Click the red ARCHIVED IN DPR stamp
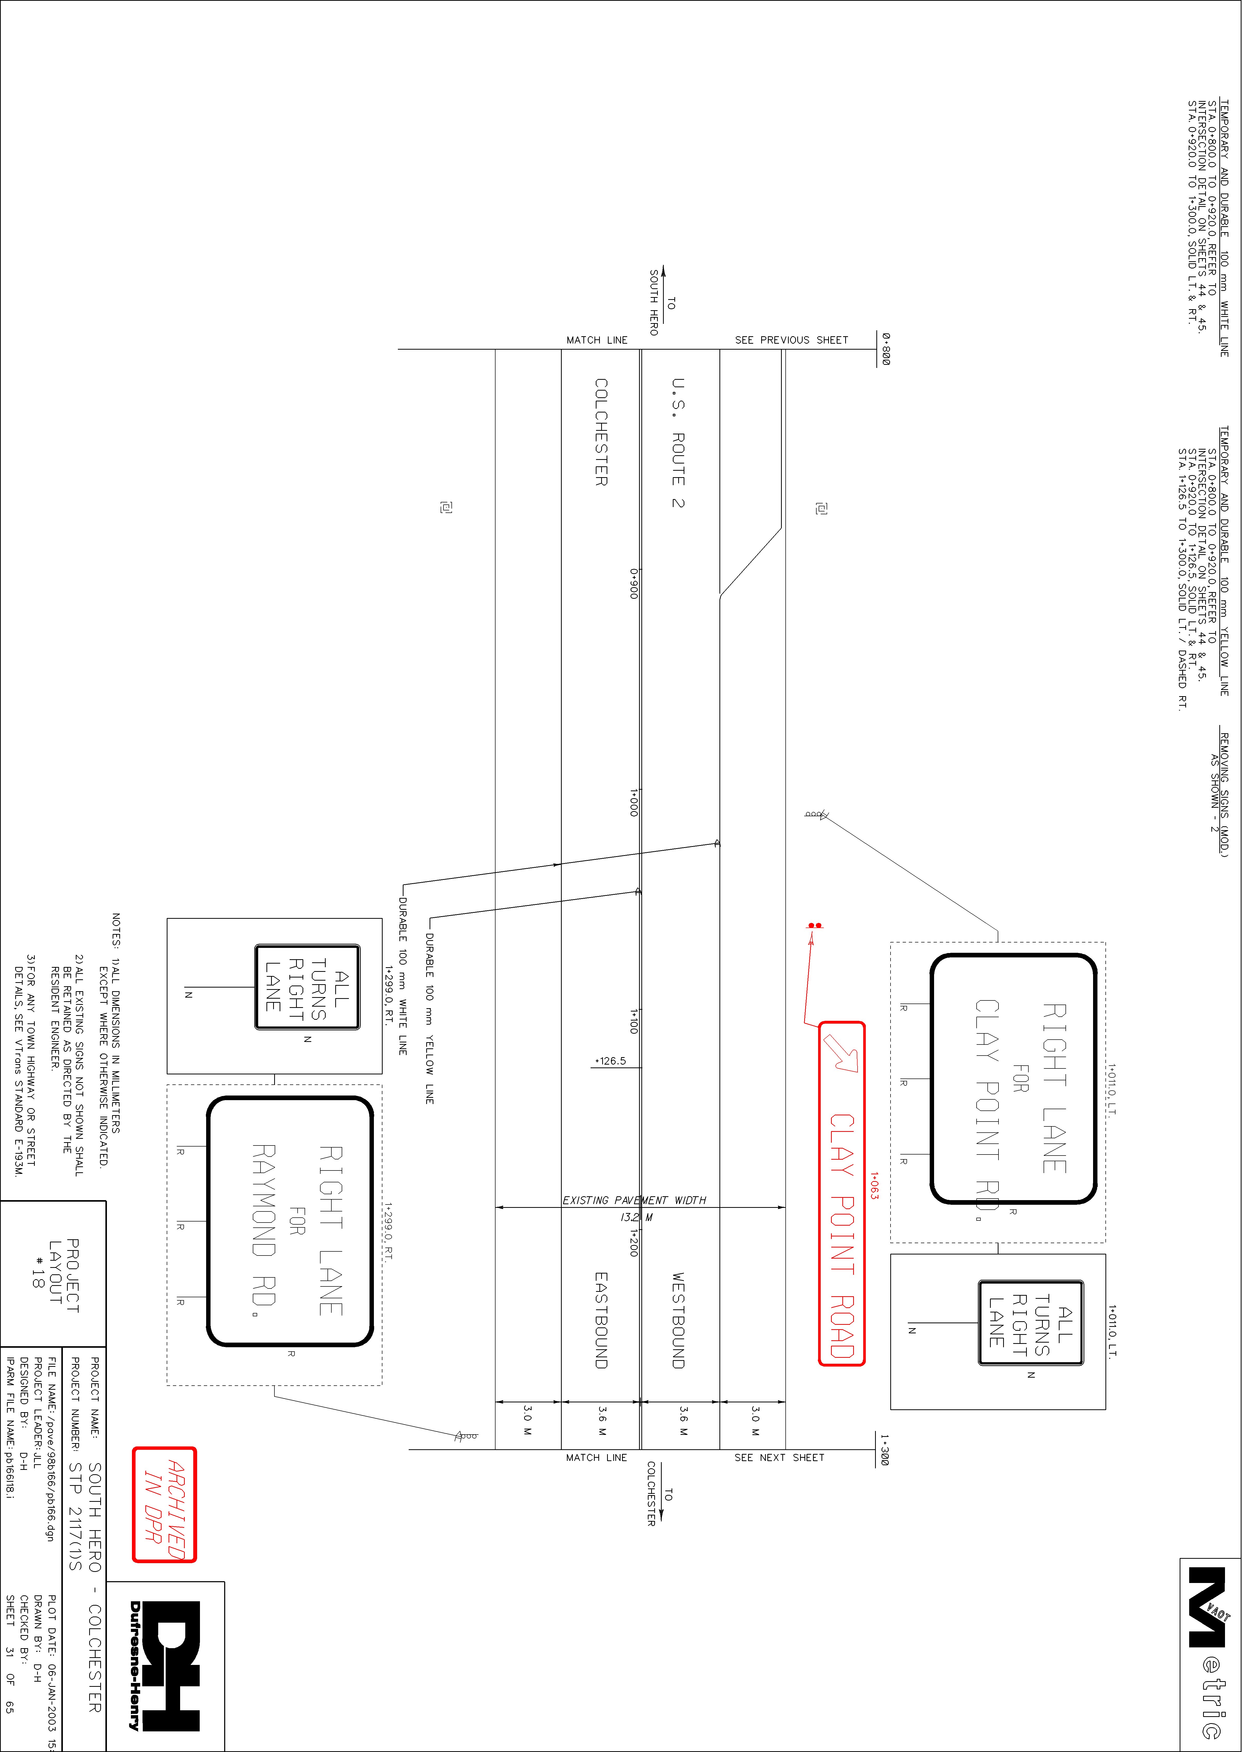coord(164,1504)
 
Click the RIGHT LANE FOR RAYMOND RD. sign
coord(290,1221)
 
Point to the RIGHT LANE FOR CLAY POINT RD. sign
coord(1013,1079)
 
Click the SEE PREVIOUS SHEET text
coord(792,340)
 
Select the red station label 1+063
coord(874,1185)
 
